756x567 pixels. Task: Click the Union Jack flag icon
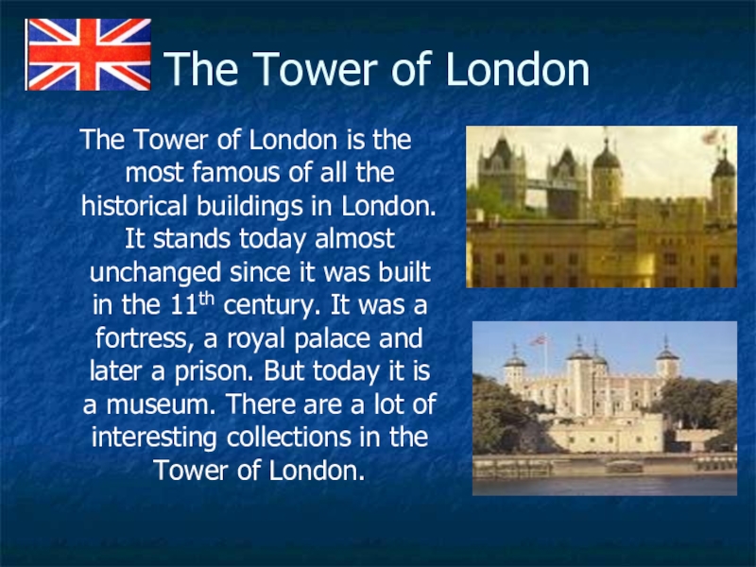pos(89,54)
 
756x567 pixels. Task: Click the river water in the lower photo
pos(604,485)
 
